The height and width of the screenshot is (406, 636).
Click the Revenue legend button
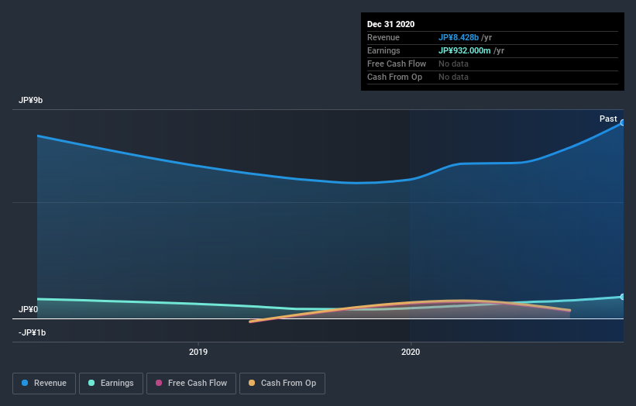pos(45,383)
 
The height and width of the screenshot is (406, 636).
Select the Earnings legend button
pos(112,383)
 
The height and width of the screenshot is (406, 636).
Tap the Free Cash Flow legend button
pos(191,383)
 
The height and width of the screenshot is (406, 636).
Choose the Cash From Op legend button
pos(283,383)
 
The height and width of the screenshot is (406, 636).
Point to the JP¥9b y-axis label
pos(32,101)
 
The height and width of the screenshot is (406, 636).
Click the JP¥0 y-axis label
pos(29,309)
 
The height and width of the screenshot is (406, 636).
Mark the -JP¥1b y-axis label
pos(33,332)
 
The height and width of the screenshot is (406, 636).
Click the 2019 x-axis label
pos(198,351)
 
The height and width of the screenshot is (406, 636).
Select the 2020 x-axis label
pos(411,351)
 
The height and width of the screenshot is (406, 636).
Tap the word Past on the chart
pos(608,119)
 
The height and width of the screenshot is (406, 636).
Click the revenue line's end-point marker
pos(622,122)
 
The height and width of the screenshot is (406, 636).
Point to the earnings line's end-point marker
pos(622,297)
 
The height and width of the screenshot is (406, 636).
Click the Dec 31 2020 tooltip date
pos(392,24)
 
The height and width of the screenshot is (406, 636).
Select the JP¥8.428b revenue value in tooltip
pos(463,37)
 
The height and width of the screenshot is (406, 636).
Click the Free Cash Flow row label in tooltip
pos(397,64)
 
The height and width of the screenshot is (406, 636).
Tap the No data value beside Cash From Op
pos(453,77)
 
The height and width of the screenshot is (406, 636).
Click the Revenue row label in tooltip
pos(383,37)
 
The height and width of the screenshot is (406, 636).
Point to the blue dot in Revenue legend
pos(26,383)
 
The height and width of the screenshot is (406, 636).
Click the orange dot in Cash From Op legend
pos(251,383)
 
